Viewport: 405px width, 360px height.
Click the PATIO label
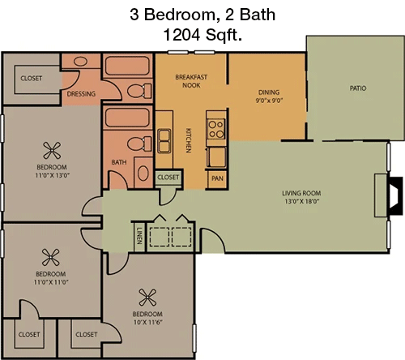[358, 88]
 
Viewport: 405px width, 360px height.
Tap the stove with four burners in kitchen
[216, 129]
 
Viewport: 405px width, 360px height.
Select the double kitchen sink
[164, 141]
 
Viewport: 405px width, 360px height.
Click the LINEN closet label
[139, 236]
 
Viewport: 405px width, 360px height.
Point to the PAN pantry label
[217, 178]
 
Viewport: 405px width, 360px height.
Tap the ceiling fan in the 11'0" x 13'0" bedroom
[52, 151]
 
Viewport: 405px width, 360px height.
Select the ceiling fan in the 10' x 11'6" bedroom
[147, 298]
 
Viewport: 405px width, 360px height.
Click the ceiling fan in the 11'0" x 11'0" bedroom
[50, 257]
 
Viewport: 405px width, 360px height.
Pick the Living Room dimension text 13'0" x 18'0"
[302, 201]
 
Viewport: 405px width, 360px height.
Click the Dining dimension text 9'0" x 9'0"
[269, 101]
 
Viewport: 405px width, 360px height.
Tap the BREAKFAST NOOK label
[191, 81]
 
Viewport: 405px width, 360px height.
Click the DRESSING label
[81, 94]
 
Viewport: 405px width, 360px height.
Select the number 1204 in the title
[181, 35]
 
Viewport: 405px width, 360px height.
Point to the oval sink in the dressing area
[80, 62]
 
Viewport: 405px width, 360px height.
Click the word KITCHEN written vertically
[189, 140]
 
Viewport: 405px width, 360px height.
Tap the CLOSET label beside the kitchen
[168, 178]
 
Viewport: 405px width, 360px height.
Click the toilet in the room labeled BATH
[139, 144]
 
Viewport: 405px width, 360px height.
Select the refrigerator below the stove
[216, 157]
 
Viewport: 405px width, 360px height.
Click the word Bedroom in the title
[180, 15]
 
